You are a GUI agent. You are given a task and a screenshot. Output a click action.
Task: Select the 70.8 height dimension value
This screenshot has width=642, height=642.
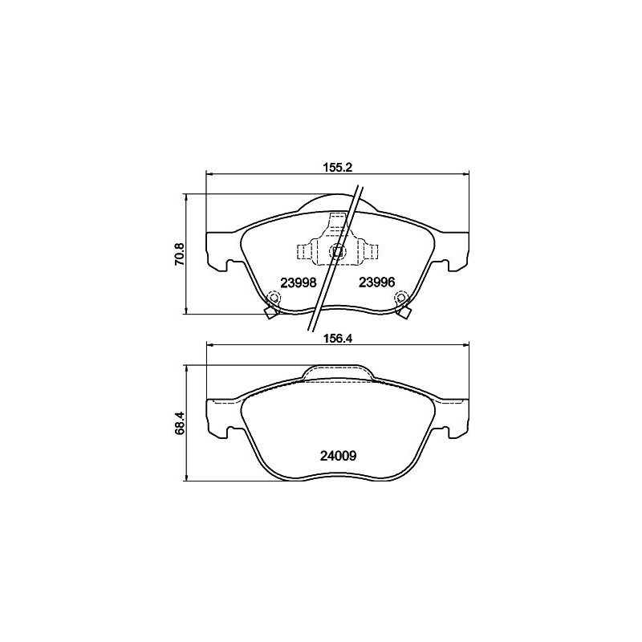[x=180, y=254]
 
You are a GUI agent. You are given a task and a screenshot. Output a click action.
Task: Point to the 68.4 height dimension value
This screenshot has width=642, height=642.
[x=180, y=423]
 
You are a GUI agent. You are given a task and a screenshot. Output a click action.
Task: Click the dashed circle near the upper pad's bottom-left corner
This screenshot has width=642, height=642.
[x=273, y=299]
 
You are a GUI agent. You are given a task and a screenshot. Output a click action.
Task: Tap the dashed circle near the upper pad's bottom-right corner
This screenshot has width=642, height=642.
[x=400, y=299]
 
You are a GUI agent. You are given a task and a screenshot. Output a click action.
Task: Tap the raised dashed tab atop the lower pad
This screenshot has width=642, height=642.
[x=338, y=373]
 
